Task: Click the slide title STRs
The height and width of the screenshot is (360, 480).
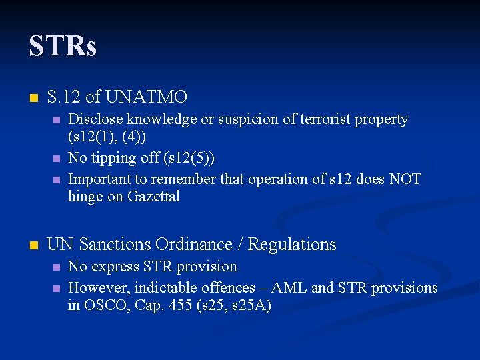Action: (63, 46)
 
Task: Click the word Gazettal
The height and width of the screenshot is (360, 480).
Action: (153, 197)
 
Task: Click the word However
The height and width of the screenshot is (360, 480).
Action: (98, 287)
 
